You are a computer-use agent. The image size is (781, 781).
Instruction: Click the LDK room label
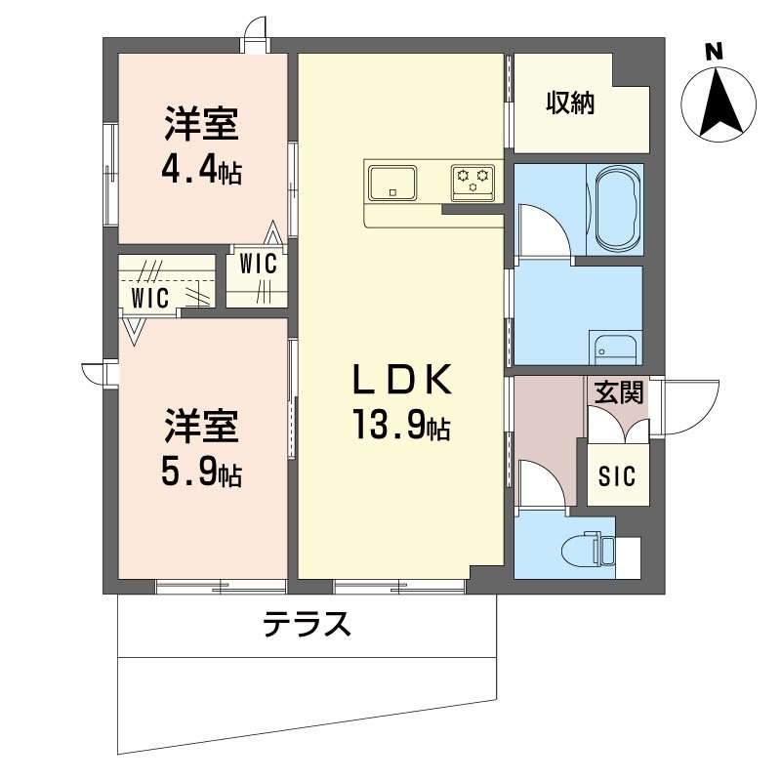click(x=402, y=380)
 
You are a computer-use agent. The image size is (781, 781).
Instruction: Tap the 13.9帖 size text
click(x=401, y=425)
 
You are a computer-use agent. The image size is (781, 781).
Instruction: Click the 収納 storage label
click(x=570, y=103)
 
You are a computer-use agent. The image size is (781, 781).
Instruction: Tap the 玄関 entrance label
click(x=619, y=391)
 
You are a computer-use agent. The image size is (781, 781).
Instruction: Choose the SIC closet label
click(x=617, y=475)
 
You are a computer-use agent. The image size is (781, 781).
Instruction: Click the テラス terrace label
click(x=307, y=624)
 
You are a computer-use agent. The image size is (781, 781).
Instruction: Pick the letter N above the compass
click(x=714, y=52)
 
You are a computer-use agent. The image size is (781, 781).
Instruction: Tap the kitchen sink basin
click(x=392, y=183)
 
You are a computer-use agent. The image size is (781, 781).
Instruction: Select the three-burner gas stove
click(x=473, y=183)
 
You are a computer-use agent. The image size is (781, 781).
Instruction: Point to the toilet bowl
click(x=580, y=550)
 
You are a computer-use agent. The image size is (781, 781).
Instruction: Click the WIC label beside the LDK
click(x=258, y=264)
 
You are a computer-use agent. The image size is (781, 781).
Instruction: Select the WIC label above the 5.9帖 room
click(x=150, y=298)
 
